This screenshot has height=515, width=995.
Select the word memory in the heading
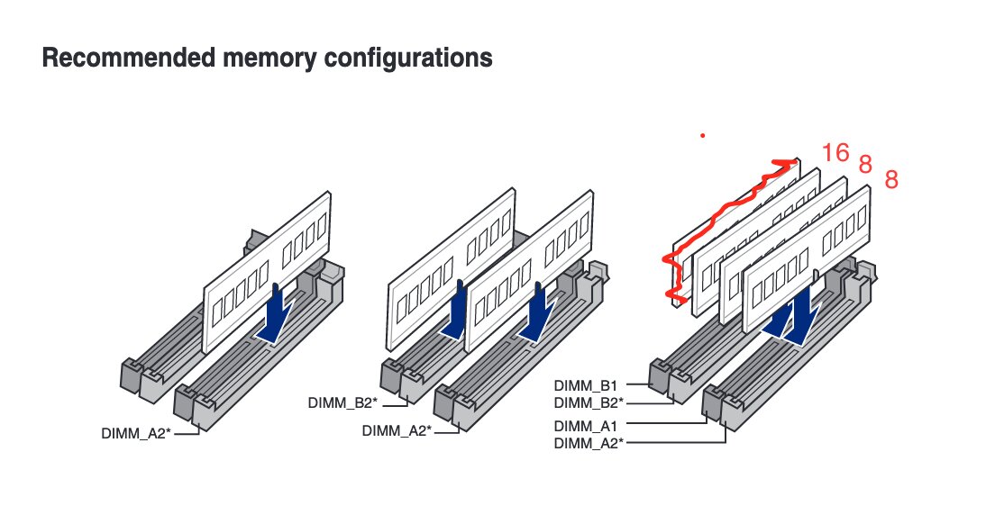click(254, 59)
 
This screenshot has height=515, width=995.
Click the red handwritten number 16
click(835, 153)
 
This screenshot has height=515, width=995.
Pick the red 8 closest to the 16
click(865, 165)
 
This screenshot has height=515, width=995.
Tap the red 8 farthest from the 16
click(891, 180)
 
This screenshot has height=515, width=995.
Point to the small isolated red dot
click(702, 137)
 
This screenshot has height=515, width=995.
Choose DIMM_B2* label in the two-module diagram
click(341, 403)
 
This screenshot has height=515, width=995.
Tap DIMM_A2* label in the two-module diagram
click(397, 430)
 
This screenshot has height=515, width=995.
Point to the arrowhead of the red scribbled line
click(790, 163)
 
